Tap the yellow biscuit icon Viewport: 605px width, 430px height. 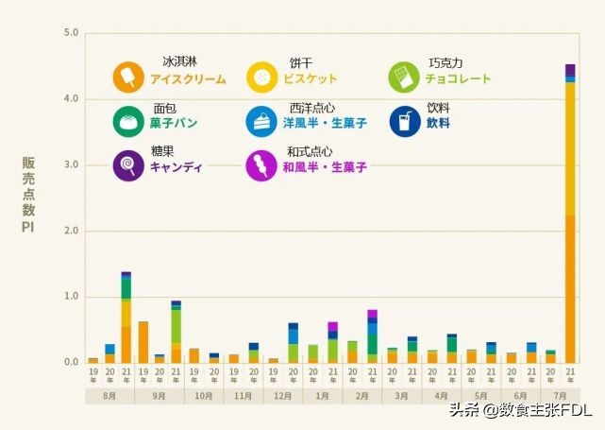(261, 77)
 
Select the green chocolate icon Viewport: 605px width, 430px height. (404, 76)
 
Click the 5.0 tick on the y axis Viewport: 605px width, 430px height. (71, 33)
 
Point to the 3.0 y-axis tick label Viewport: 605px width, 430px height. (71, 165)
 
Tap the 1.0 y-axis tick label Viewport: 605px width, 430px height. (71, 297)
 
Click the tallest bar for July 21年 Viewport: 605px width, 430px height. (570, 217)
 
